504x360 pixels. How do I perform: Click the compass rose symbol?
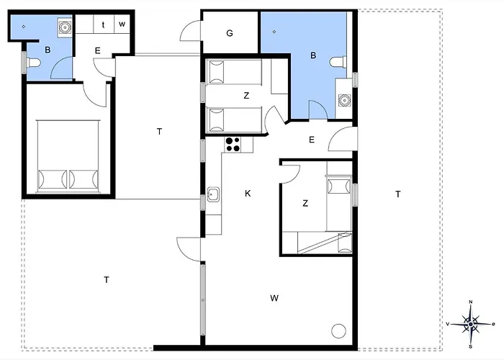click(471, 324)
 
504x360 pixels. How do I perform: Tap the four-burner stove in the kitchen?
click(233, 144)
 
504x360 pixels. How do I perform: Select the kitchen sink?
click(213, 194)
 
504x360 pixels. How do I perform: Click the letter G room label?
click(230, 33)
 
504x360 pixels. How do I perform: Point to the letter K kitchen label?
click(248, 193)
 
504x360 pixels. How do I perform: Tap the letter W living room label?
click(274, 298)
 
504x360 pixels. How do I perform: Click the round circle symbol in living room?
click(338, 330)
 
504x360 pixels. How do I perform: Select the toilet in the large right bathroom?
click(338, 62)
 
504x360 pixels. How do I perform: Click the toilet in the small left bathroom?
click(32, 63)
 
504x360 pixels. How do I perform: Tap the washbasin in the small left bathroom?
click(65, 27)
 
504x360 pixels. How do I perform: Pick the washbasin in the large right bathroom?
click(344, 100)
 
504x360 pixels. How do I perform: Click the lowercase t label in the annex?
click(103, 24)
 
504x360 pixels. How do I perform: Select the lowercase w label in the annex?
click(122, 24)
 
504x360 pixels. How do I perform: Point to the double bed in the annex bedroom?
click(68, 156)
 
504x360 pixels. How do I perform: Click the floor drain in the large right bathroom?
click(274, 32)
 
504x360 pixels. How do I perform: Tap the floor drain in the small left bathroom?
click(24, 27)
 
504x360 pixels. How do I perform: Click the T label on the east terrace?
click(398, 194)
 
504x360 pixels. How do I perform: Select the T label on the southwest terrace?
click(107, 280)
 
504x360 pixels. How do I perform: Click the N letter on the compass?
click(471, 302)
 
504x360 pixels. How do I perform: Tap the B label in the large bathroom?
click(313, 55)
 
